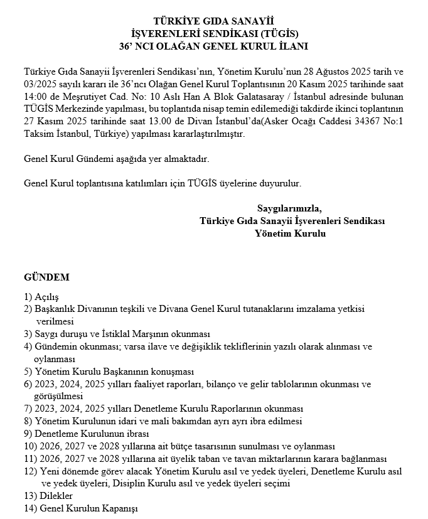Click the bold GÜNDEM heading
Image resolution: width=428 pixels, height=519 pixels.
(46, 277)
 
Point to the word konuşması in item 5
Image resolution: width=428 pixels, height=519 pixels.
(170, 372)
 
